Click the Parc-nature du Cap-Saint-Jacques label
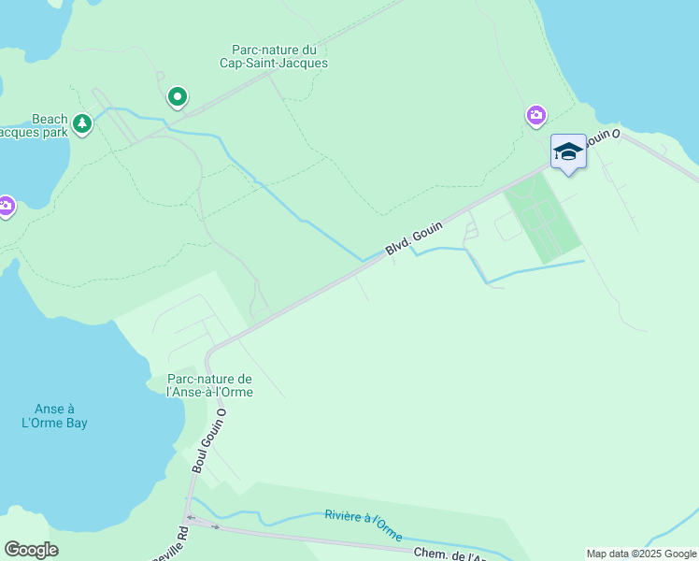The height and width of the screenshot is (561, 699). [x=279, y=56]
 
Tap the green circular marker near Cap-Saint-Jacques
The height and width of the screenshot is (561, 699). [x=177, y=96]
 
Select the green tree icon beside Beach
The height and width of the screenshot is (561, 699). [x=82, y=122]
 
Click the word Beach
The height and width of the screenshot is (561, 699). [x=50, y=119]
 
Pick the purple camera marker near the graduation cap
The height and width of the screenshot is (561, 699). [x=535, y=115]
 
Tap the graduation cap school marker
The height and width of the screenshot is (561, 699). [x=568, y=152]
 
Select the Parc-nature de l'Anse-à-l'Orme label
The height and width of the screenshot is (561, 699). [x=209, y=385]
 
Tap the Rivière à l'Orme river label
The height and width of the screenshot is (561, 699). [x=364, y=525]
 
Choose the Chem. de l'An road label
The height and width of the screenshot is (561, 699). [x=449, y=554]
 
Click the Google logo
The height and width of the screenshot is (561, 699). [x=31, y=550]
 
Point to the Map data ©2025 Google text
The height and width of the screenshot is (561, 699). [x=641, y=554]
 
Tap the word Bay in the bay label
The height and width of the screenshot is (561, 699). [x=87, y=423]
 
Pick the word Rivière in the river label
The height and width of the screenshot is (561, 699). [x=343, y=516]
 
